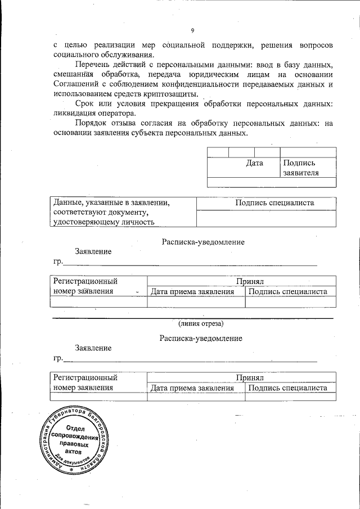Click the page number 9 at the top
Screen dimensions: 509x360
pos(192,30)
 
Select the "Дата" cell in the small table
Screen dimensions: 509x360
pos(255,164)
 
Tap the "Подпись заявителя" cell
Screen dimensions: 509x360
pos(301,168)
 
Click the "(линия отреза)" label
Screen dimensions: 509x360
pos(201,323)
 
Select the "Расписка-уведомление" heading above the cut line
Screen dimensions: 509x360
pos(202,242)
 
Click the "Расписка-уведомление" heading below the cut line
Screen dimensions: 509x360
pos(201,338)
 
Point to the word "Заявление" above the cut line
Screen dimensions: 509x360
pos(93,251)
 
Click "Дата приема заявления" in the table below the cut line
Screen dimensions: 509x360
pos(192,388)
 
